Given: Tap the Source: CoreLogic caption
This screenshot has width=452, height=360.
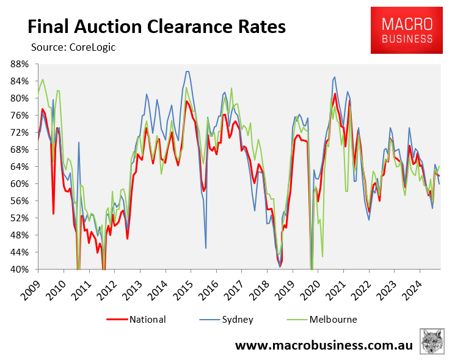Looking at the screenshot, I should (x=73, y=46).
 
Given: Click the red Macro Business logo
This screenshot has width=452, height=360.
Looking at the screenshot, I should (x=407, y=31).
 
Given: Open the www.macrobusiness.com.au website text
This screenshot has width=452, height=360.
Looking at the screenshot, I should (x=324, y=345).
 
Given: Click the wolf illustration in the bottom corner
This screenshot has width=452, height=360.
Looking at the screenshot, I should (x=432, y=341).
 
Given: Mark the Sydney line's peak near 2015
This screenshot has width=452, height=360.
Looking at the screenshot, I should (x=187, y=72).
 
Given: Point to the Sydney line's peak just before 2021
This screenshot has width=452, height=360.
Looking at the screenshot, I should (x=334, y=77).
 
